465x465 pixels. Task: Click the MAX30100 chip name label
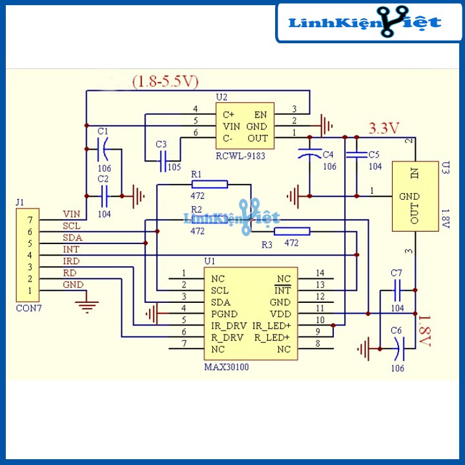coord(227,367)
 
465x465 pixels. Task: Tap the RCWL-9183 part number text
coord(240,156)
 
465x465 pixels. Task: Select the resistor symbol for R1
coord(210,185)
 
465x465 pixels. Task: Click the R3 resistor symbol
coord(292,231)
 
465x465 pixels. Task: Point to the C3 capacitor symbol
coord(163,161)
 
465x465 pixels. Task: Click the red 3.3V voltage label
coord(384,129)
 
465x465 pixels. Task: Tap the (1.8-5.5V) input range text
coord(165,81)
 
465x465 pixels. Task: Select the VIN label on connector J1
coord(72,214)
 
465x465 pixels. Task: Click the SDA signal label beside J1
coord(72,238)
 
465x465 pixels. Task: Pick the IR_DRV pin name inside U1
coord(229,326)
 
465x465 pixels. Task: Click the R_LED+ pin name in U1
coord(272,338)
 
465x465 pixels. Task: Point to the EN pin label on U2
coord(260,115)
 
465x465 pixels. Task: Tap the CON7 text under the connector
coord(29,309)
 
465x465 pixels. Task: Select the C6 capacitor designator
coord(396,331)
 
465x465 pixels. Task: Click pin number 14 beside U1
coord(320,273)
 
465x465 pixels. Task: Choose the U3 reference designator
coord(446,167)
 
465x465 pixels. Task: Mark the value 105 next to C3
coord(174,167)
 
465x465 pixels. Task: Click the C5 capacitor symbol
coord(356,154)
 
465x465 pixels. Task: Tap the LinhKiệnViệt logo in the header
coord(365,22)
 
